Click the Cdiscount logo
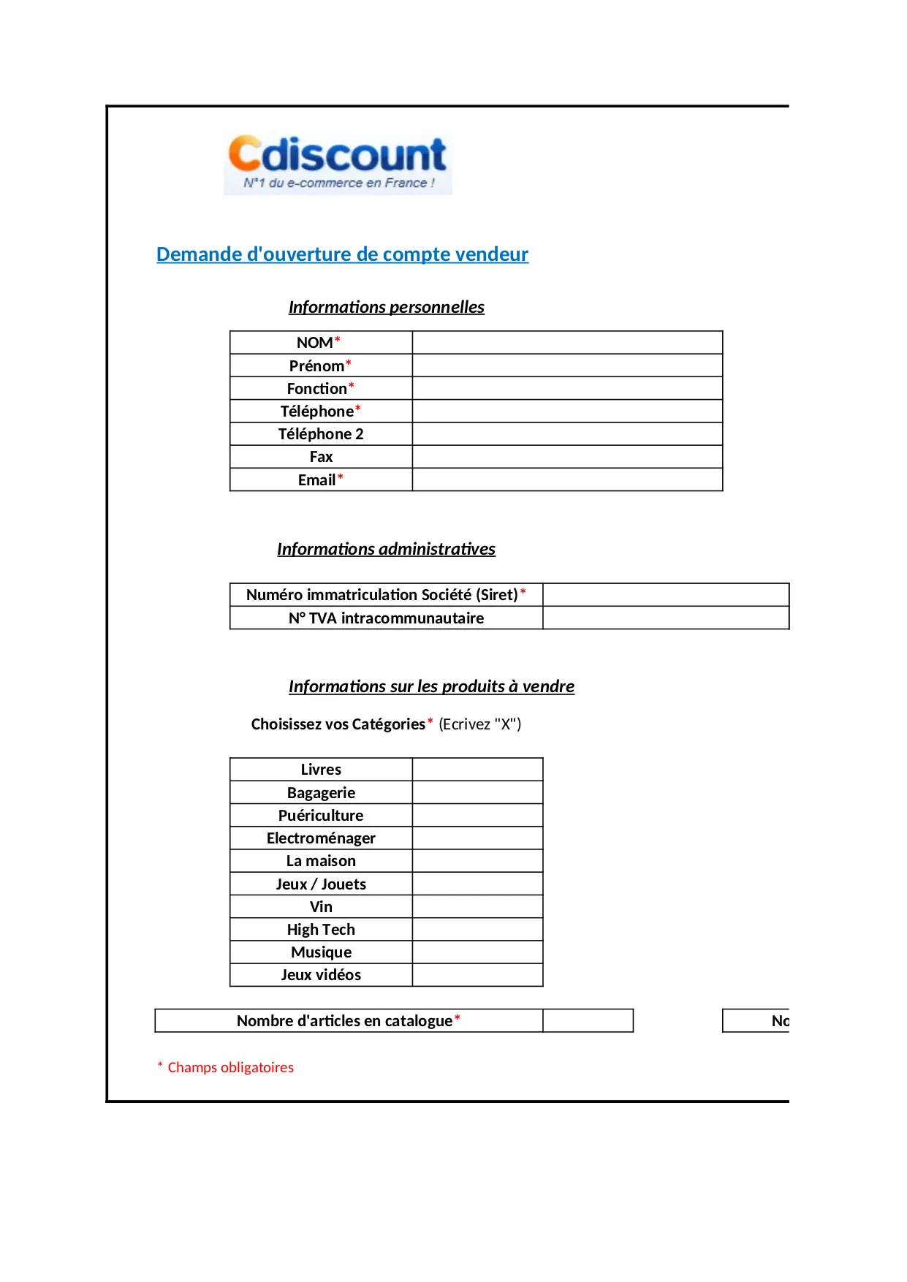pos(338,163)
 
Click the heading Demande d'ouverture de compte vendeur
pos(342,254)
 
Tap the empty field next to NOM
pos(567,343)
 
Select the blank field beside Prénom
pos(567,365)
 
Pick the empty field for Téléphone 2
pos(567,434)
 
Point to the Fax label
pos(321,457)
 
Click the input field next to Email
pos(567,480)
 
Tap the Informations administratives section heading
pos(386,549)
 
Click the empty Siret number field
pos(666,595)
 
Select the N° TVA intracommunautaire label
pos(386,618)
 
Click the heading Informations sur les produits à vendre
pos(431,686)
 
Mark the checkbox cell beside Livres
pos(477,770)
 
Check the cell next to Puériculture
pos(477,816)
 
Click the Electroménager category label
pos(321,838)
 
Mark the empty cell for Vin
pos(477,907)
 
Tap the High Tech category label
pos(321,930)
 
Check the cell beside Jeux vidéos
pos(477,975)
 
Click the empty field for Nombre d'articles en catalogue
pos(588,1021)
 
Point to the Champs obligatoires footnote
pos(230,1067)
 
